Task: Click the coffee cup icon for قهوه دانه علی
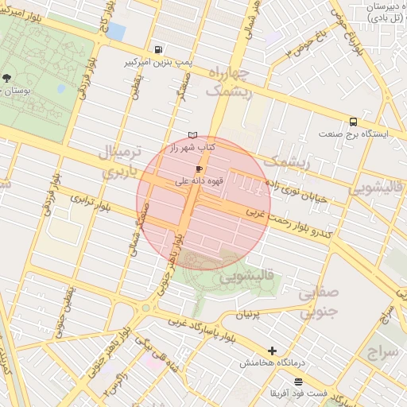[198, 169]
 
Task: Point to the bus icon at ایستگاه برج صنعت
[352, 122]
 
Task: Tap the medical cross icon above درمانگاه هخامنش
[273, 350]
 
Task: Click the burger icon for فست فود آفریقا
[297, 382]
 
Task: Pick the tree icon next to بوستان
[7, 78]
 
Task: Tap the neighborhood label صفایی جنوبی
[321, 302]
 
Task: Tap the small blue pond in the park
[116, 32]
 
